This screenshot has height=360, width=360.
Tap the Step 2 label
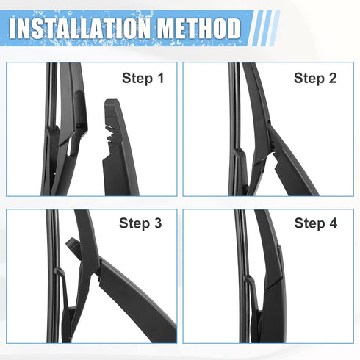click(315, 77)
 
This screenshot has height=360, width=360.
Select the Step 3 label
click(140, 223)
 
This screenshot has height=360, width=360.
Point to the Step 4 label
click(316, 223)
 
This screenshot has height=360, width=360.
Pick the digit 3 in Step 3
click(157, 223)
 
